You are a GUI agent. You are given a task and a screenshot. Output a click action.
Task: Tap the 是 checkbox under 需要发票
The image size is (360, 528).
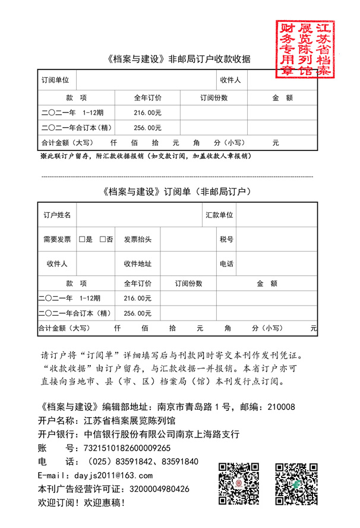pos(82,240)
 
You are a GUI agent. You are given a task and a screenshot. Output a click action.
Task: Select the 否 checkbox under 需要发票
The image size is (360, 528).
pos(102,240)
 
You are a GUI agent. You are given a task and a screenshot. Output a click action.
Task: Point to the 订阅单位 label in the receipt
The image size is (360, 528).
pos(55,80)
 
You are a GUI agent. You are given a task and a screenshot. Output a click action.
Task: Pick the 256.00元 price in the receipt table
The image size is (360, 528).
pos(147,127)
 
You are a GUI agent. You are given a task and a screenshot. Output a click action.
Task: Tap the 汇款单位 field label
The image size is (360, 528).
pos(219,215)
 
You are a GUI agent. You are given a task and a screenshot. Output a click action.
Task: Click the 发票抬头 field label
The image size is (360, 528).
pos(137,240)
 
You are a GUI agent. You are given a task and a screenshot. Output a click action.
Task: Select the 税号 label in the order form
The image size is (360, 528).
pos(226,240)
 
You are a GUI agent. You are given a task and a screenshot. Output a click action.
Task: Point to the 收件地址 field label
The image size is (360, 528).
pos(137,264)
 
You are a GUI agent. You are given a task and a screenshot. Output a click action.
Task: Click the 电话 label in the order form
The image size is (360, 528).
pos(226,264)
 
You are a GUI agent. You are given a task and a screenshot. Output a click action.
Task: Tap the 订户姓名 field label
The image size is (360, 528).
pos(57,215)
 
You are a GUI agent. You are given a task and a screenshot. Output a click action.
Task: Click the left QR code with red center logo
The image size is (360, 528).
pos(239,483)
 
